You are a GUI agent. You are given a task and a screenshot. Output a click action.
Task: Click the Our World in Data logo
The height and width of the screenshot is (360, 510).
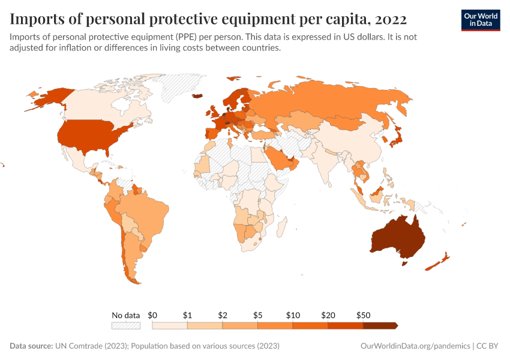click(480, 20)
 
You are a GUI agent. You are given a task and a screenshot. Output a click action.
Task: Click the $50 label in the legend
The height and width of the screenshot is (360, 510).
click(363, 315)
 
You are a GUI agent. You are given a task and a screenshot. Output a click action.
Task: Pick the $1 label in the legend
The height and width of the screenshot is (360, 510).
click(187, 315)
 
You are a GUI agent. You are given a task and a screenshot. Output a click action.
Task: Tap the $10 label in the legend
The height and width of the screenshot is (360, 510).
click(293, 315)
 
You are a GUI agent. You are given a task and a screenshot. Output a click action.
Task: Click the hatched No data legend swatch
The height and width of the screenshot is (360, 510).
click(126, 325)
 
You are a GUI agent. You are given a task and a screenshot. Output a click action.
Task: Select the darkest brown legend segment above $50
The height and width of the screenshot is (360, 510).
click(380, 325)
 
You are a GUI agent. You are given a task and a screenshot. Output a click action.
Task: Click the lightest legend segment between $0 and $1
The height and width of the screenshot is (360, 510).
click(170, 325)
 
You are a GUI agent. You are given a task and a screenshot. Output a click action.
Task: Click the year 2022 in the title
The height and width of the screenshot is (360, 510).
click(391, 19)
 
